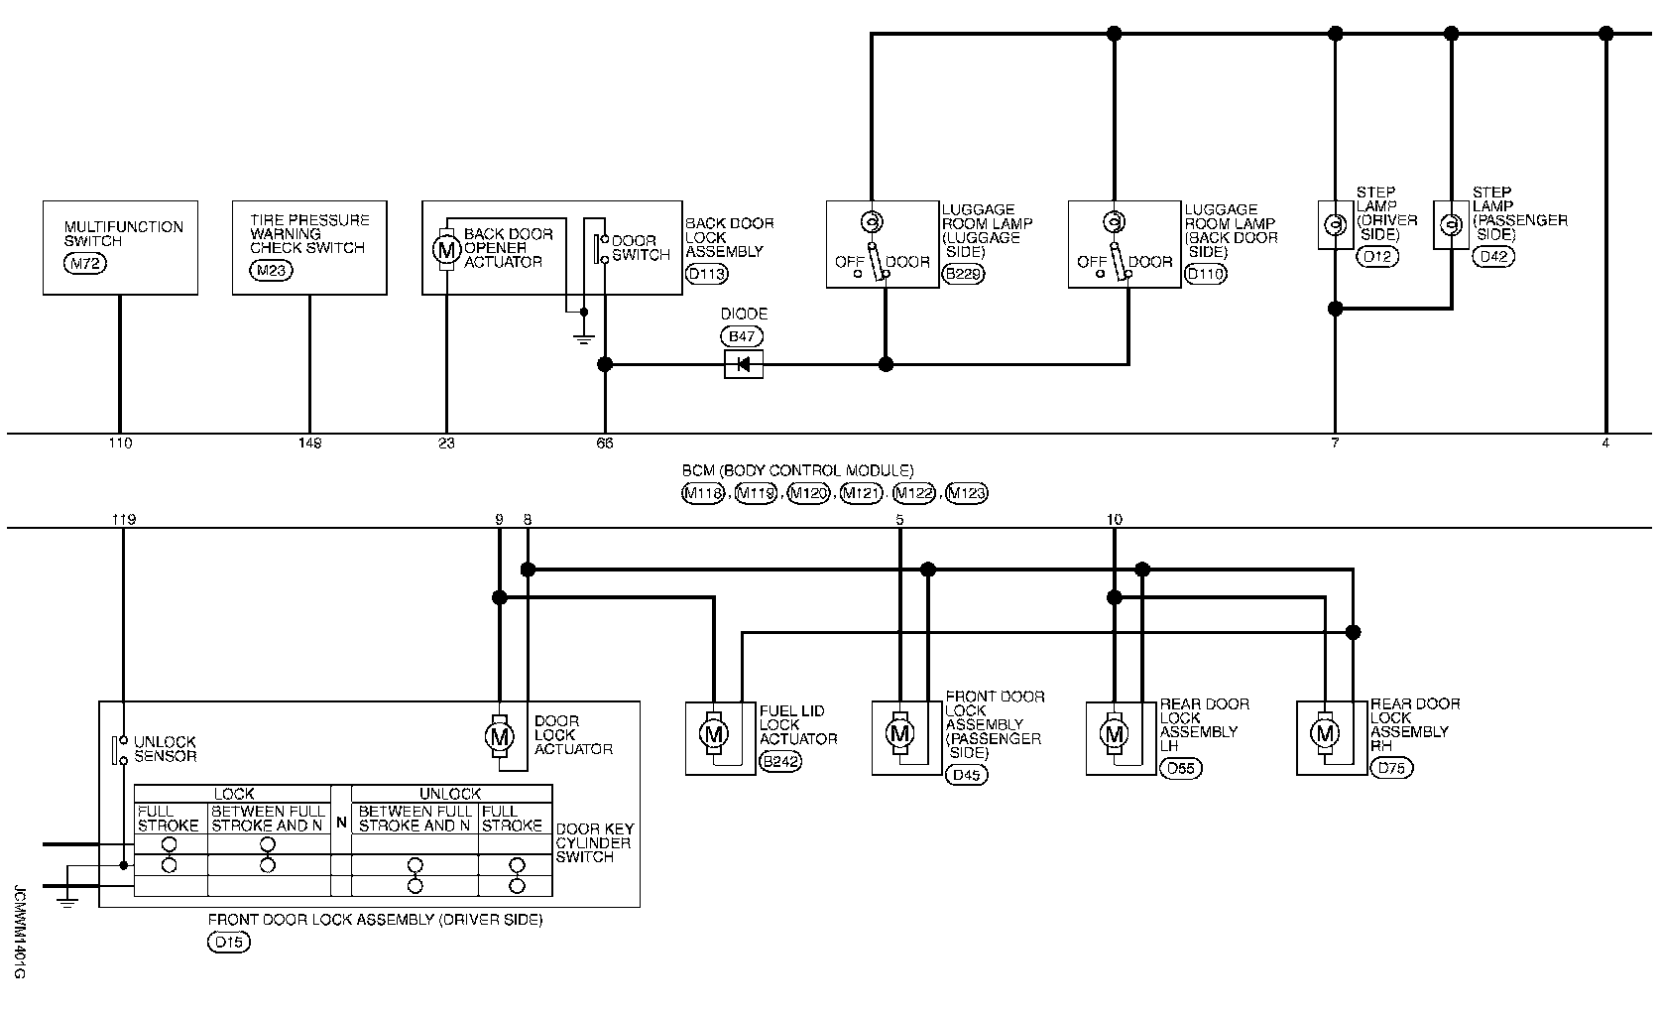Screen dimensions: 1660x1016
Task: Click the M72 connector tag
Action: click(85, 263)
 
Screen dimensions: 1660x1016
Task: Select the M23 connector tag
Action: click(272, 270)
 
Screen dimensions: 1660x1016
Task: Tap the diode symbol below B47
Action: click(744, 364)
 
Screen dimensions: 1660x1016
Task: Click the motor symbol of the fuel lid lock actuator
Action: click(714, 734)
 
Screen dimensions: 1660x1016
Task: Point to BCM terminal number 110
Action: click(120, 443)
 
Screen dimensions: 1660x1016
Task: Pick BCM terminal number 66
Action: click(605, 443)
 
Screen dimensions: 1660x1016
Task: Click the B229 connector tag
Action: click(964, 274)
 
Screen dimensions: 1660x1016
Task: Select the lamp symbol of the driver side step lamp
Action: click(1336, 224)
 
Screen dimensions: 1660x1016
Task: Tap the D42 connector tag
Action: click(1493, 257)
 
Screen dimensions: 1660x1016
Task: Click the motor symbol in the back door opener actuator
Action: click(446, 249)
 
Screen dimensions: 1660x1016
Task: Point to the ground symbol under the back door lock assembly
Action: click(584, 340)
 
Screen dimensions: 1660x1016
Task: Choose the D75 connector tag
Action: click(1391, 768)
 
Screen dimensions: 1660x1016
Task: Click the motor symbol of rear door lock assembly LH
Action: click(1115, 734)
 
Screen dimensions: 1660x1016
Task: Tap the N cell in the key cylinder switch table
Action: click(341, 822)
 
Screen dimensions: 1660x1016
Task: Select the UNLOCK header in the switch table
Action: click(450, 794)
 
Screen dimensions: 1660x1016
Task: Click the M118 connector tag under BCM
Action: click(703, 493)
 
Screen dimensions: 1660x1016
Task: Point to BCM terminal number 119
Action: click(124, 520)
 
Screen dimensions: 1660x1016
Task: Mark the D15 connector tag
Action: click(229, 943)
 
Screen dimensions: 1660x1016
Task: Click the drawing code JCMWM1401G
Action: click(19, 932)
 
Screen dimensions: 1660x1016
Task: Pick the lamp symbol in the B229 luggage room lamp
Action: click(872, 221)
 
